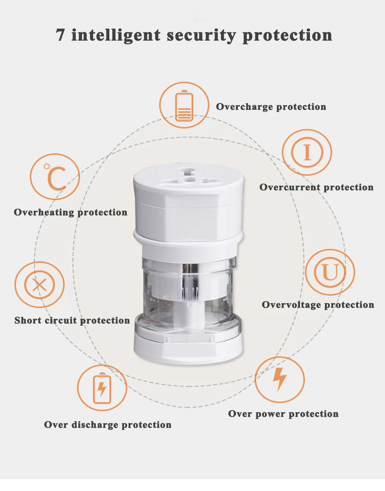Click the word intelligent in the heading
(116, 35)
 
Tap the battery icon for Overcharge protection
(184, 105)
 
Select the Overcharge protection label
(271, 106)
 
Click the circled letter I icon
(307, 153)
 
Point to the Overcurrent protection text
(316, 187)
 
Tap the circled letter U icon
(330, 272)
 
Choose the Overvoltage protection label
(318, 305)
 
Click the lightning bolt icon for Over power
(280, 379)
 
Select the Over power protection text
(283, 414)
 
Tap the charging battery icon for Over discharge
(102, 388)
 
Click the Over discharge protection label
(107, 425)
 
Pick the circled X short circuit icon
(39, 285)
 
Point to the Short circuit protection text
(72, 320)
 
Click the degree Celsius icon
(55, 177)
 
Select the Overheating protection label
(70, 212)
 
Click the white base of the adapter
(188, 348)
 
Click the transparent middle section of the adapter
(188, 292)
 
